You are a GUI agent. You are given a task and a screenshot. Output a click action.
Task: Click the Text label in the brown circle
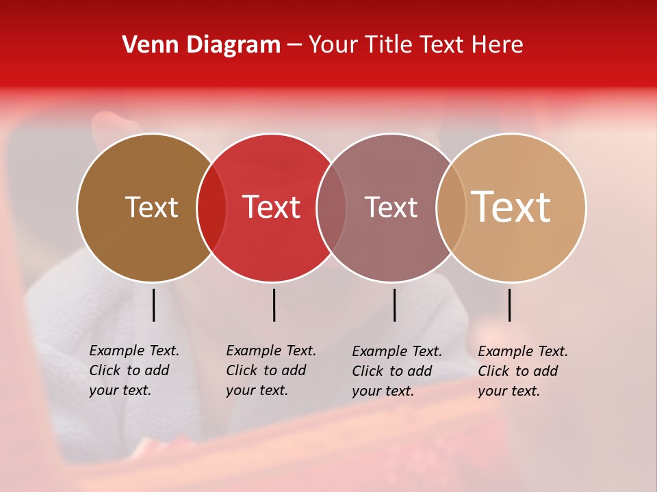click(x=151, y=207)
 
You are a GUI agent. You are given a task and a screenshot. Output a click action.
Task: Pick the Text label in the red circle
click(x=272, y=207)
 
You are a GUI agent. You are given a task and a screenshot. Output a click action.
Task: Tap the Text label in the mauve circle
click(x=391, y=207)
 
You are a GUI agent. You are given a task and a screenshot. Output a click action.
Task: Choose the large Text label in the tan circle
click(x=511, y=207)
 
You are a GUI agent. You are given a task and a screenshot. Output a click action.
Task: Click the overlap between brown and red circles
click(x=211, y=207)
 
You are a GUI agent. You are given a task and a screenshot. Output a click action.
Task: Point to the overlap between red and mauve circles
click(x=331, y=207)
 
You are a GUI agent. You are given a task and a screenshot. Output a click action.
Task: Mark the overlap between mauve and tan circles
click(x=451, y=207)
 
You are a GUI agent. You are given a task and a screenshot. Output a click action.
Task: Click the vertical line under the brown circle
click(x=153, y=305)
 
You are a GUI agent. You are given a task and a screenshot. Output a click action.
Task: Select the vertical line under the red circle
click(x=274, y=305)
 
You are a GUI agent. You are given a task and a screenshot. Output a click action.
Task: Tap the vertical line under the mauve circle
click(x=394, y=305)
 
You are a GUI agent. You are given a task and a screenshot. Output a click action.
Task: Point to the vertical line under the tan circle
click(x=509, y=305)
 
